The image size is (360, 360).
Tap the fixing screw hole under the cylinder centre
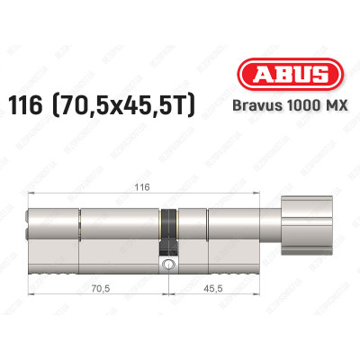(168, 265)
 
